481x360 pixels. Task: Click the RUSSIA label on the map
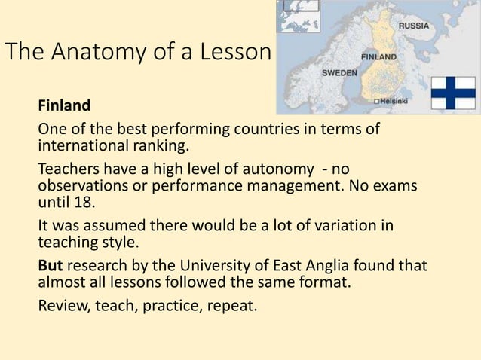coord(414,25)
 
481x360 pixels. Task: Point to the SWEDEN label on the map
coord(339,73)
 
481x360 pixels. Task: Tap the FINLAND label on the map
coord(380,56)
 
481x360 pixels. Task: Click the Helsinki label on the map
coord(395,100)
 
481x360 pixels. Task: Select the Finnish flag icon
coord(455,93)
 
